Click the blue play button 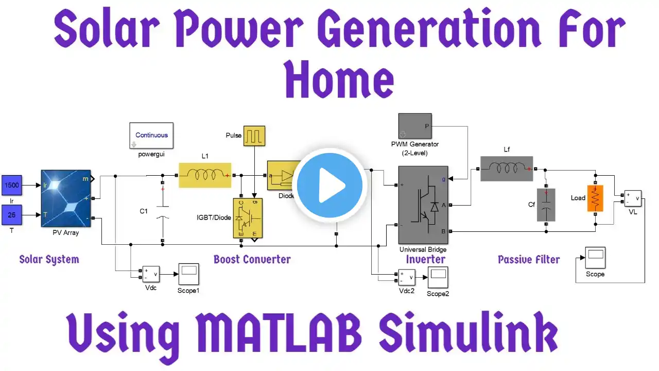pyautogui.click(x=332, y=184)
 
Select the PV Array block pyautogui.click(x=65, y=198)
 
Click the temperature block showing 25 pyautogui.click(x=11, y=215)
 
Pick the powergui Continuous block pyautogui.click(x=151, y=136)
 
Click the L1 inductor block pyautogui.click(x=205, y=175)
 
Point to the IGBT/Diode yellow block pyautogui.click(x=248, y=218)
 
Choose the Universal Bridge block pyautogui.click(x=423, y=205)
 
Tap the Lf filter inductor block pyautogui.click(x=506, y=168)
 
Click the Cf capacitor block pyautogui.click(x=546, y=205)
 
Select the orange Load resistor pyautogui.click(x=595, y=198)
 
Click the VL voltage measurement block pyautogui.click(x=633, y=198)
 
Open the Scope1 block pyautogui.click(x=188, y=274)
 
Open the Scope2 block pyautogui.click(x=437, y=277)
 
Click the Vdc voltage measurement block pyautogui.click(x=151, y=274)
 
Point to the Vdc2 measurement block pyautogui.click(x=405, y=277)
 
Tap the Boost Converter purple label pyautogui.click(x=252, y=259)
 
